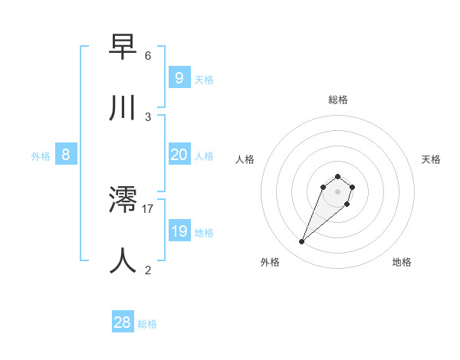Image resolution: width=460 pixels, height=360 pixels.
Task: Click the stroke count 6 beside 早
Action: point(148,56)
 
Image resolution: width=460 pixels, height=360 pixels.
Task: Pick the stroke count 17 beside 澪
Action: point(148,208)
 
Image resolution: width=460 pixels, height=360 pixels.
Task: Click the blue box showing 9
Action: point(179,77)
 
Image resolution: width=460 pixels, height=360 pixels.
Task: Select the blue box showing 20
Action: point(179,155)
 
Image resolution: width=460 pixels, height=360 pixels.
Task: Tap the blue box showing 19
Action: point(179,231)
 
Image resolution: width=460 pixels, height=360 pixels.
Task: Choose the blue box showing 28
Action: point(123,322)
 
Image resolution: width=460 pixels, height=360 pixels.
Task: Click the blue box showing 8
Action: point(66,155)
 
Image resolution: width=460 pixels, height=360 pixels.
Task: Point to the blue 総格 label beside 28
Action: point(147,324)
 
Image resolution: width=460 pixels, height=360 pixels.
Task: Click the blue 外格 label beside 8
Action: point(41,156)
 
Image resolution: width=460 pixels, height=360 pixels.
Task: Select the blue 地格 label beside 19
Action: point(204,233)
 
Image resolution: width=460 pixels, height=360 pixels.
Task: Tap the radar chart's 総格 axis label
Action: point(338,100)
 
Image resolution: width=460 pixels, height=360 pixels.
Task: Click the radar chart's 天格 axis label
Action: point(432,159)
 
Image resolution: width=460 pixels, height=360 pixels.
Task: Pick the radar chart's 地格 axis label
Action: point(402,262)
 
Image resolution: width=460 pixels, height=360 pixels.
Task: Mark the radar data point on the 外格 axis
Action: point(302,242)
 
